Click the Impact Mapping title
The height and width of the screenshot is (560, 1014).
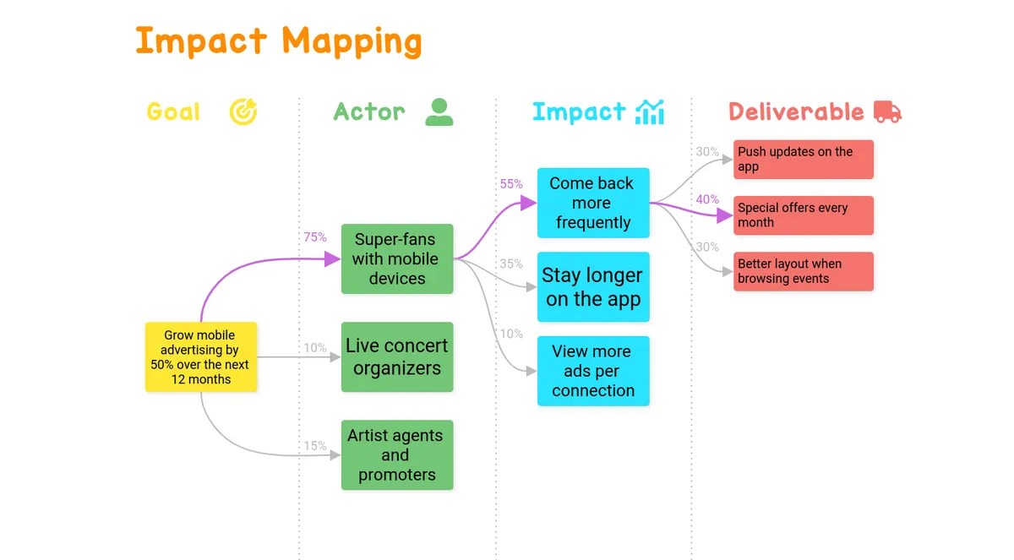[278, 41]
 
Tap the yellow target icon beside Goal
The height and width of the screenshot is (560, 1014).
[243, 111]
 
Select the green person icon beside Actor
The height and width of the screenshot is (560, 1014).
[439, 111]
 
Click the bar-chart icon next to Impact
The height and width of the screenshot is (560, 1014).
[650, 111]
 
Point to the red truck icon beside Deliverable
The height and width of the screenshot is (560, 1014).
[887, 111]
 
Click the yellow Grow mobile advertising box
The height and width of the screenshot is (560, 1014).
[200, 357]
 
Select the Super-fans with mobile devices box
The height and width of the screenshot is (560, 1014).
[397, 258]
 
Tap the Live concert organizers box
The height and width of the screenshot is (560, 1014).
[397, 356]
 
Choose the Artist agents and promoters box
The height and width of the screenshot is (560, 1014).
[397, 454]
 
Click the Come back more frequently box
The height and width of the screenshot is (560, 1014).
[593, 203]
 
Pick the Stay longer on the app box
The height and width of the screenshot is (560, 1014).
[593, 287]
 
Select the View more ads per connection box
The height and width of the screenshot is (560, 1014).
[593, 371]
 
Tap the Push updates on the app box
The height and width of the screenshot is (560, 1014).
[803, 160]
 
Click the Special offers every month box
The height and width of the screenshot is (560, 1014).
[803, 215]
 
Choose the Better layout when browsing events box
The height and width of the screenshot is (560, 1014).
[803, 271]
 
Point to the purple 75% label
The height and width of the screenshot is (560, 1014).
[315, 237]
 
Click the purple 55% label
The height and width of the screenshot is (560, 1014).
[511, 183]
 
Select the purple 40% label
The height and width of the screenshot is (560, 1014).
[707, 199]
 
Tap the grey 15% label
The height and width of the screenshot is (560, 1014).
[315, 445]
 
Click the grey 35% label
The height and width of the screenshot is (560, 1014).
[511, 264]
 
